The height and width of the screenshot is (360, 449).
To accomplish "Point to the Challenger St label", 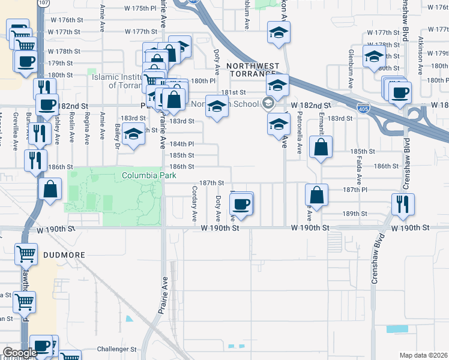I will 117,349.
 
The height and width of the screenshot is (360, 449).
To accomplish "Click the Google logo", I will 20,353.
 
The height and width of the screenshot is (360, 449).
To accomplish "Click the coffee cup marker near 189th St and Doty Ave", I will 241,203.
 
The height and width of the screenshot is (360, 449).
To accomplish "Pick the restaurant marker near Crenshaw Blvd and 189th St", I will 400,204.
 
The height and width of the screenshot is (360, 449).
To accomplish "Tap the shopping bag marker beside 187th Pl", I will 316,195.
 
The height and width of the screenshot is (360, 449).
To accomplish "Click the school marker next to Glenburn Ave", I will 374,56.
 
